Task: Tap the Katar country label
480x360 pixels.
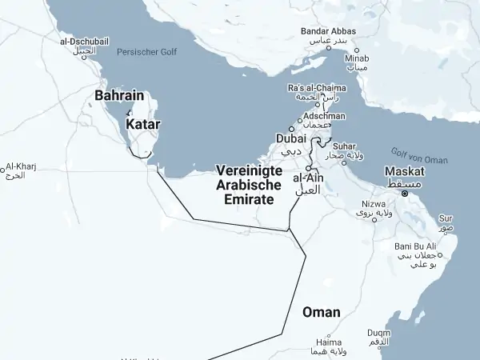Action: (x=143, y=125)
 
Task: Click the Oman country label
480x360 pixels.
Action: (x=321, y=312)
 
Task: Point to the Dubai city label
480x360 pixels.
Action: (x=291, y=138)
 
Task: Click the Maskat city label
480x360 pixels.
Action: (x=404, y=171)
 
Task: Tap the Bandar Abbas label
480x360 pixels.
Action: (x=328, y=31)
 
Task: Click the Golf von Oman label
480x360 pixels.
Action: (x=420, y=155)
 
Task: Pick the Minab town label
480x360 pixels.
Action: (x=357, y=58)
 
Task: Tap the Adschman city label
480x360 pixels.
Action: (x=324, y=116)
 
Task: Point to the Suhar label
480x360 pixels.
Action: (x=345, y=146)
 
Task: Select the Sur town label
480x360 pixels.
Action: (x=446, y=218)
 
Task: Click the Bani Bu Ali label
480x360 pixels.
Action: (x=415, y=246)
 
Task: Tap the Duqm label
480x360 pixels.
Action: (x=379, y=333)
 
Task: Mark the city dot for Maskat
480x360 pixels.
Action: (x=405, y=193)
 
